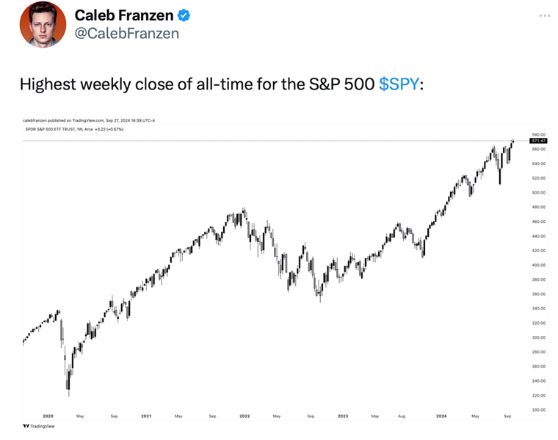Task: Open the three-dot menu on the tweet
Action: tap(544, 15)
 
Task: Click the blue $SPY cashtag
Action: tap(400, 84)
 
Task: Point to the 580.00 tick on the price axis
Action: tap(538, 135)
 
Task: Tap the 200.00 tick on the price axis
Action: tap(538, 409)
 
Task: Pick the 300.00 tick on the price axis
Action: tap(538, 337)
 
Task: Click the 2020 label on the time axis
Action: tap(48, 417)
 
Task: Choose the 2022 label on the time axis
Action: tap(244, 417)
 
